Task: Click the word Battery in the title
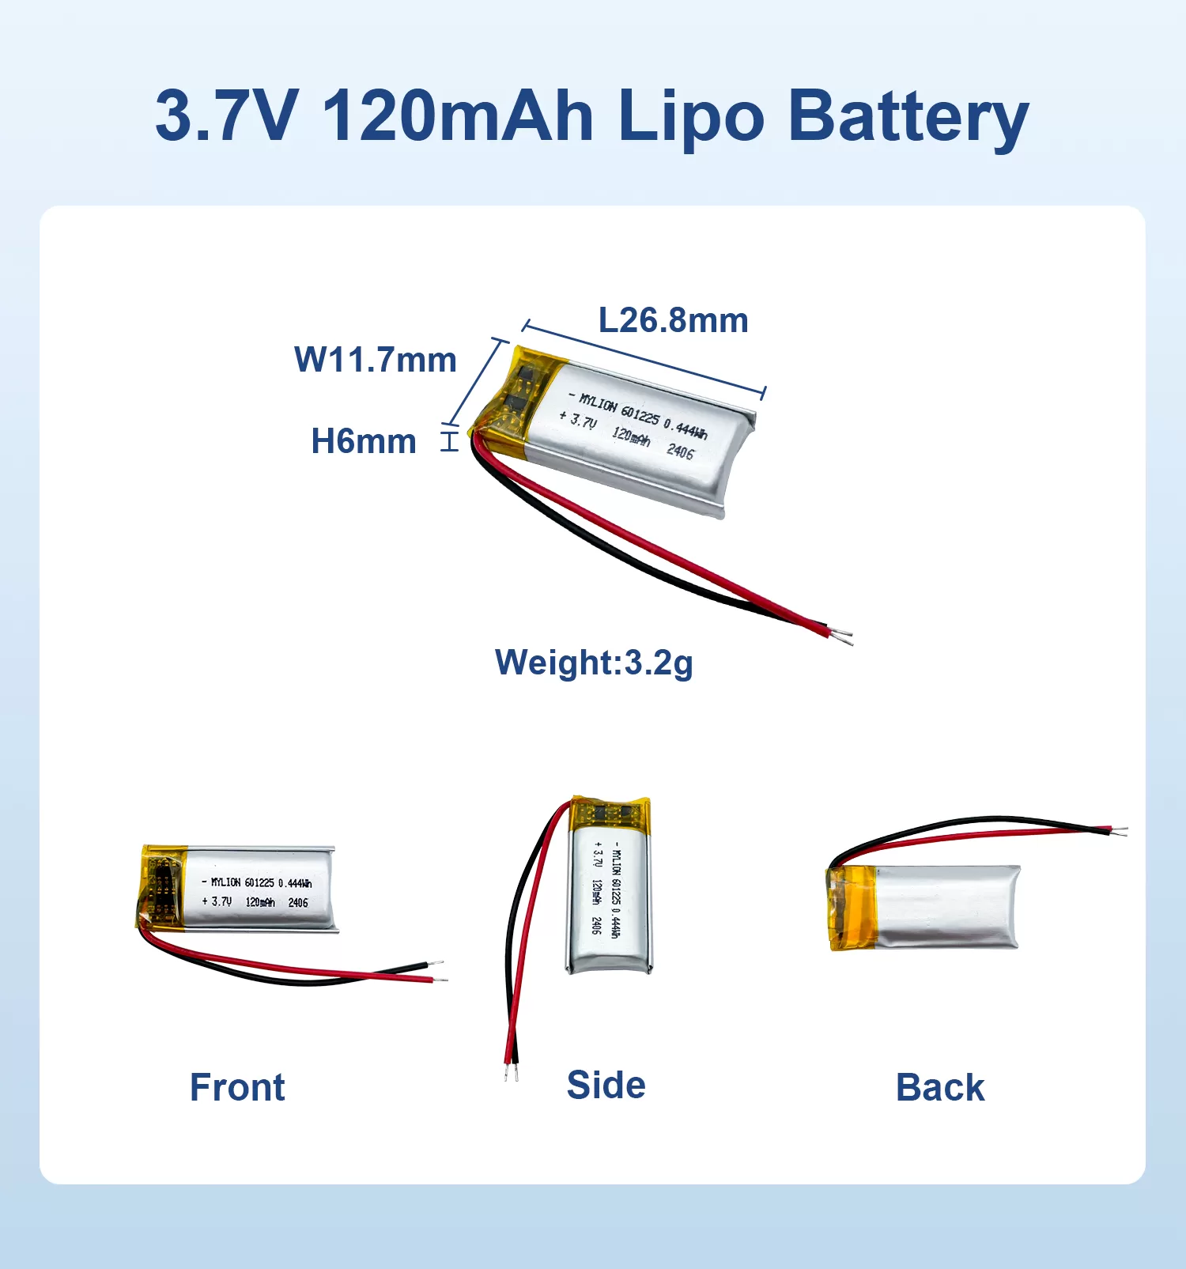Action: click(908, 117)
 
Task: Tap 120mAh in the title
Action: click(458, 115)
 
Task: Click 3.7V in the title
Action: click(227, 115)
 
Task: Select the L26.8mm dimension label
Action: click(674, 320)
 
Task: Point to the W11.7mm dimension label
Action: click(376, 360)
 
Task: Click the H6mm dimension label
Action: click(364, 441)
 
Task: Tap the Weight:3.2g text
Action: click(594, 663)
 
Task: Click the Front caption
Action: click(237, 1087)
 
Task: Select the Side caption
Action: click(606, 1085)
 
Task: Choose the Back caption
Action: click(940, 1087)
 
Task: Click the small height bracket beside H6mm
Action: click(449, 440)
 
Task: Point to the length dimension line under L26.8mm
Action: click(644, 360)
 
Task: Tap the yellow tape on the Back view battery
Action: click(851, 907)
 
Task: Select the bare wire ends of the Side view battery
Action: click(512, 1073)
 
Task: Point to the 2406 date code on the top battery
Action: click(680, 451)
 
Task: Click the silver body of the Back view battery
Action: click(947, 906)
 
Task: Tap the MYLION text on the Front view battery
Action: click(225, 882)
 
